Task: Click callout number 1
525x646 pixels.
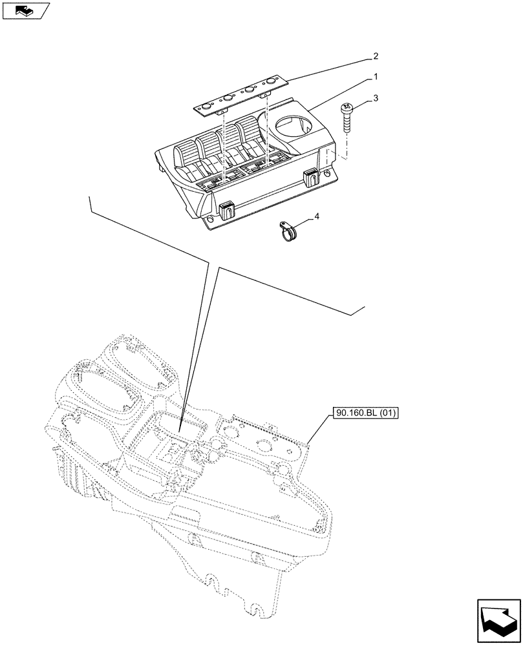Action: point(375,76)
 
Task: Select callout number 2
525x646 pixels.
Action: point(376,56)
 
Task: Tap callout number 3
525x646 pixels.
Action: point(375,98)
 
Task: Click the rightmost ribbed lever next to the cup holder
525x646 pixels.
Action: point(250,132)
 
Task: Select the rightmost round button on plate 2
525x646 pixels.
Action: point(269,82)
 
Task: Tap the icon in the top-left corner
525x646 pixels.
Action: point(26,10)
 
